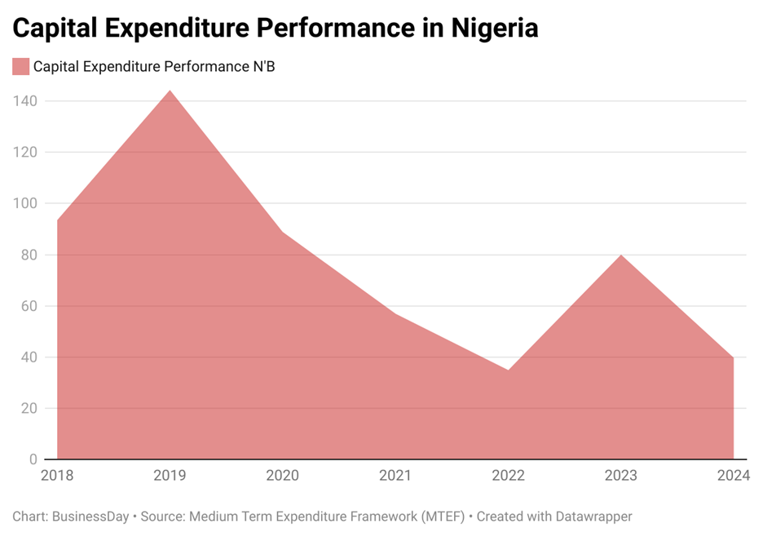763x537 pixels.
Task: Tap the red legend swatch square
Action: [21, 67]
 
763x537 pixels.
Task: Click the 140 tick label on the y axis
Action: [25, 101]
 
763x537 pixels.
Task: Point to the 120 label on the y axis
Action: [25, 152]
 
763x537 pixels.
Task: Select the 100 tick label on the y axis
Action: [25, 203]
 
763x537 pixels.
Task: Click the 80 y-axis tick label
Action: [29, 255]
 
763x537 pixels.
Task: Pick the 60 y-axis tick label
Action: [29, 306]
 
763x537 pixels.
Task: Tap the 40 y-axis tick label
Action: [29, 357]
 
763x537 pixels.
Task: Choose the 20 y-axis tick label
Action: [29, 408]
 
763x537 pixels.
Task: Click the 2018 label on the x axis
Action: [56, 475]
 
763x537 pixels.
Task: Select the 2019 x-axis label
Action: [170, 475]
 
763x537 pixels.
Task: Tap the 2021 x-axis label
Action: [395, 475]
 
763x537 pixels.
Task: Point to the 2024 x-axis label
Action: [733, 475]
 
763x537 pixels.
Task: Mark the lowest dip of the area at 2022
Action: [508, 370]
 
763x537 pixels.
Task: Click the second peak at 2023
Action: [621, 255]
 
